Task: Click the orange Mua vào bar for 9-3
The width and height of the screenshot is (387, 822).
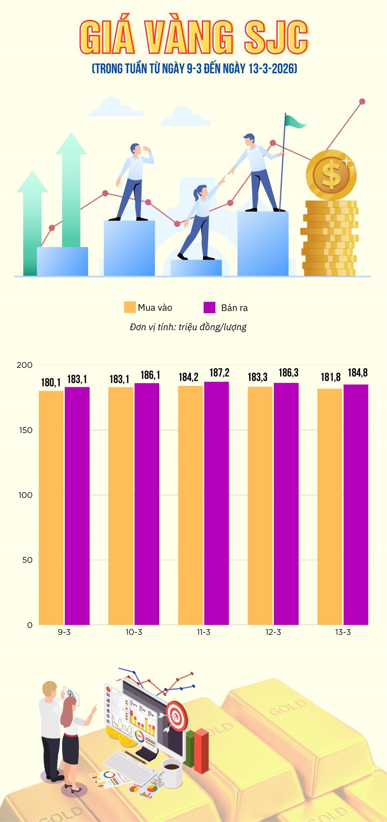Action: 51,507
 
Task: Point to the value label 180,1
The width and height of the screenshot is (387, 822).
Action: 51,382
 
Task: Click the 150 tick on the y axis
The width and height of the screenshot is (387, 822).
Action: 26,430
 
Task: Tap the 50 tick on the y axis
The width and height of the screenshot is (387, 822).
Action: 27,560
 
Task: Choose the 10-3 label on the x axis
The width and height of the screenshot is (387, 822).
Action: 134,632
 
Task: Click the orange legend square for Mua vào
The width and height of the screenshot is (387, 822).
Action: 130,307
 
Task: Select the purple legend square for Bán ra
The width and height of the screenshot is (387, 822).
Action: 210,307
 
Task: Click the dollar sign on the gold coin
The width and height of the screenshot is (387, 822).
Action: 331,175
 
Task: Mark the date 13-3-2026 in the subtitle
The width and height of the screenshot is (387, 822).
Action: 272,69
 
